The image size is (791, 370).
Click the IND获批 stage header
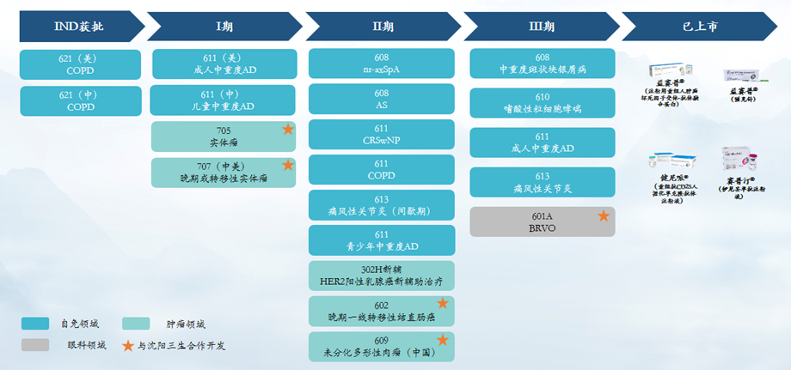click(x=79, y=26)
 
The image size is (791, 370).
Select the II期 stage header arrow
click(x=383, y=26)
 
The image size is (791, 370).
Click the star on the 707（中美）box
click(x=288, y=165)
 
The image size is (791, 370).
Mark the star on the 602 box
click(x=442, y=303)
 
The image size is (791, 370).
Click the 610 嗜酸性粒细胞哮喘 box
click(x=542, y=103)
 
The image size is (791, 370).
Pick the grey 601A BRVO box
click(x=542, y=221)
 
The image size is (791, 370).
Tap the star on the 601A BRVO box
click(x=604, y=215)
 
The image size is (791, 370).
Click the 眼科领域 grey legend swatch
click(x=35, y=345)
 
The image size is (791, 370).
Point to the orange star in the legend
click(x=129, y=345)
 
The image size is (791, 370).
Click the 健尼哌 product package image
click(x=673, y=164)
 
